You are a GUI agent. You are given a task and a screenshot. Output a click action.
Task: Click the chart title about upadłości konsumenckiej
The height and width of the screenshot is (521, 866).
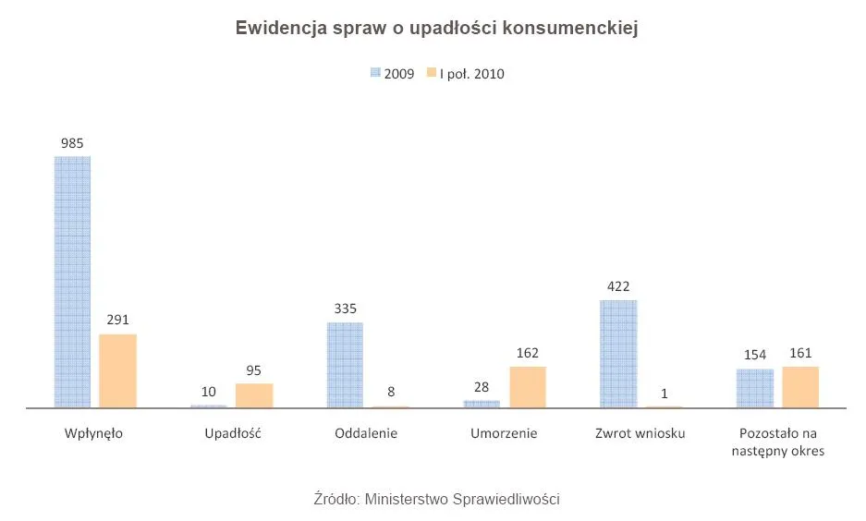click(x=437, y=29)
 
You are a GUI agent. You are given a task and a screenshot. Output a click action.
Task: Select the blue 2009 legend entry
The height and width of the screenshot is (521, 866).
click(x=392, y=74)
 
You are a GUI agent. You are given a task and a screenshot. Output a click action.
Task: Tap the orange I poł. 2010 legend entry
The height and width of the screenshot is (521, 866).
click(x=465, y=74)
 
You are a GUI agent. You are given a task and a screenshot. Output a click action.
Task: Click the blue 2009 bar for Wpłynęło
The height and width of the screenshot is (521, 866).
click(x=73, y=282)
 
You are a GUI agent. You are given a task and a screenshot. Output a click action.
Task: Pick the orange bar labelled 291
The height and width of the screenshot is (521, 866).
click(x=118, y=370)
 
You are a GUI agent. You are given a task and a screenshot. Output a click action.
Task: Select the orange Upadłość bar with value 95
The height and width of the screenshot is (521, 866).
click(x=254, y=395)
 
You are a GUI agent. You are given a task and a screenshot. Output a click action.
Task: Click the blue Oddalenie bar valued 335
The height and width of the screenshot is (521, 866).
click(x=346, y=365)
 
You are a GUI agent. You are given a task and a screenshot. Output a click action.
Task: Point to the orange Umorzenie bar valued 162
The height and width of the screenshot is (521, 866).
click(x=528, y=387)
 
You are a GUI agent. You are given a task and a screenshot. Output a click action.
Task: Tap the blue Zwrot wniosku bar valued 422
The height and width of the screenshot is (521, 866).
click(x=618, y=353)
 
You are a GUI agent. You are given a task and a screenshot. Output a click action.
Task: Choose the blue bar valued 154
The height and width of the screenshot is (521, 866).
click(x=755, y=388)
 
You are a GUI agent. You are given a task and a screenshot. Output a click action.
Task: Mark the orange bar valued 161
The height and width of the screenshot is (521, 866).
click(x=800, y=387)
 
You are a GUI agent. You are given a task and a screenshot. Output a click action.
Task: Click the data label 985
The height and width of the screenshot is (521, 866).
click(x=72, y=143)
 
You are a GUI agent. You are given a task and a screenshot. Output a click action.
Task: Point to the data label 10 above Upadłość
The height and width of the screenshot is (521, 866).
click(x=209, y=392)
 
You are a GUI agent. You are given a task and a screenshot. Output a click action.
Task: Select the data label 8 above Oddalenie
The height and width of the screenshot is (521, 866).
click(x=391, y=393)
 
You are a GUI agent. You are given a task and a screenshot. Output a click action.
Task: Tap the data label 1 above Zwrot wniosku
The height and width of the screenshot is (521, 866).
click(x=665, y=394)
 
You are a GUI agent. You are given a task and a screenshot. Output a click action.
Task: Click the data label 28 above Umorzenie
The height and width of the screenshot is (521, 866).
click(x=482, y=387)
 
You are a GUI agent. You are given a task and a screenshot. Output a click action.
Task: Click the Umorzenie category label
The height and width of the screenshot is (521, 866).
click(x=504, y=433)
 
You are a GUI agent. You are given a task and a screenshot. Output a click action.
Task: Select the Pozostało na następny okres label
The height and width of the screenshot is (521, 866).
click(x=777, y=442)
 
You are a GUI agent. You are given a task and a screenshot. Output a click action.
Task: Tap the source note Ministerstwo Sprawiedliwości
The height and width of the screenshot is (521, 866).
click(x=437, y=499)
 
